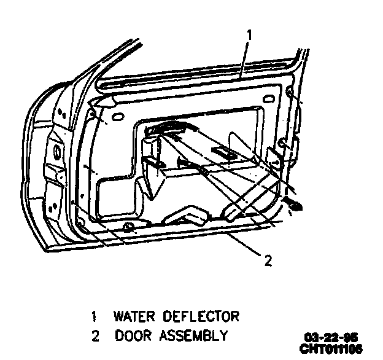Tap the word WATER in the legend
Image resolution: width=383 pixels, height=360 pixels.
(x=131, y=317)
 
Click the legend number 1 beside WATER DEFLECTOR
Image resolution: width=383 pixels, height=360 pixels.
(x=94, y=317)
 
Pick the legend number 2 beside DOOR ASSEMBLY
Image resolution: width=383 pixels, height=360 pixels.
(x=94, y=335)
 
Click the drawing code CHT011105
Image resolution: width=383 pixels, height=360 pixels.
(x=330, y=348)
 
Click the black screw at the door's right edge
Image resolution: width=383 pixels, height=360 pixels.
(x=296, y=206)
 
